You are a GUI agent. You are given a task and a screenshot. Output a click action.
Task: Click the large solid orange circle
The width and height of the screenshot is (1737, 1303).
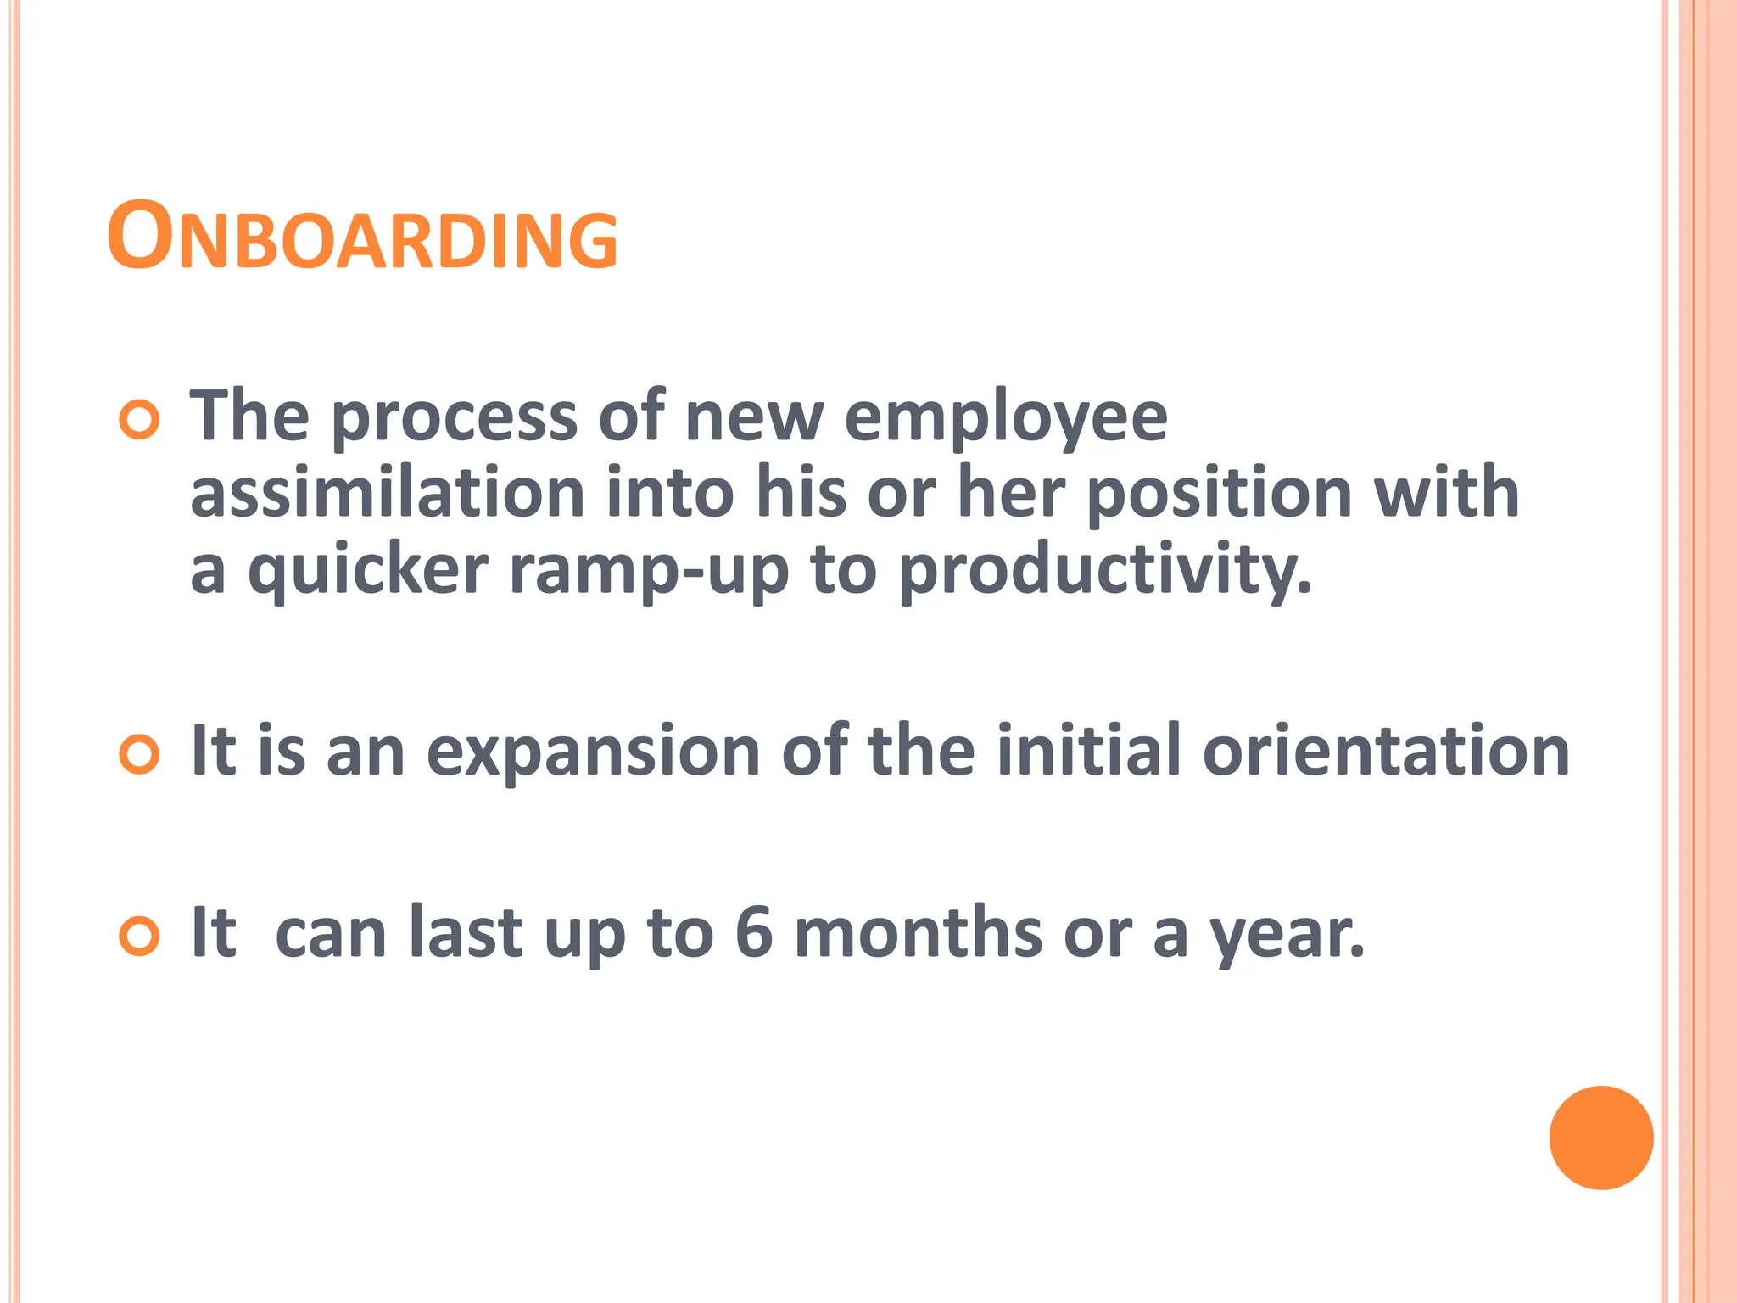pyautogui.click(x=1601, y=1138)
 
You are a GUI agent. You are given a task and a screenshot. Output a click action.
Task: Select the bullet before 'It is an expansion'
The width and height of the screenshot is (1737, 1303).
pyautogui.click(x=139, y=754)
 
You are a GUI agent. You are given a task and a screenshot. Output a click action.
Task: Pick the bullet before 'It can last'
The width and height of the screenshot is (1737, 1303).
pyautogui.click(x=139, y=937)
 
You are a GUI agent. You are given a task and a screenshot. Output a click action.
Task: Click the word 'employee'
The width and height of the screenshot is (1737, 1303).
pyautogui.click(x=1006, y=420)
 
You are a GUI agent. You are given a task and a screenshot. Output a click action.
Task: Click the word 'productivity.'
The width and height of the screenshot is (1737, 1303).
pyautogui.click(x=1105, y=571)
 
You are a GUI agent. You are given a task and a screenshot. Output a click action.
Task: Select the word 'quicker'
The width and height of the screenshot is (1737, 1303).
pyautogui.click(x=368, y=571)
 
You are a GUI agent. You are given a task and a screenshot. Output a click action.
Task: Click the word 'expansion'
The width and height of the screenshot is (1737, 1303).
pyautogui.click(x=593, y=752)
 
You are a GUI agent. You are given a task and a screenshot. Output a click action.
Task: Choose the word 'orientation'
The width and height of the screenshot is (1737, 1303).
pyautogui.click(x=1386, y=752)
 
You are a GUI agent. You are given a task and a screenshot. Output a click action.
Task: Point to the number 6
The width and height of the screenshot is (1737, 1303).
pyautogui.click(x=754, y=932)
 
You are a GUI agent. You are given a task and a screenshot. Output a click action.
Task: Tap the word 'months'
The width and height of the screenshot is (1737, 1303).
pyautogui.click(x=918, y=932)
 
